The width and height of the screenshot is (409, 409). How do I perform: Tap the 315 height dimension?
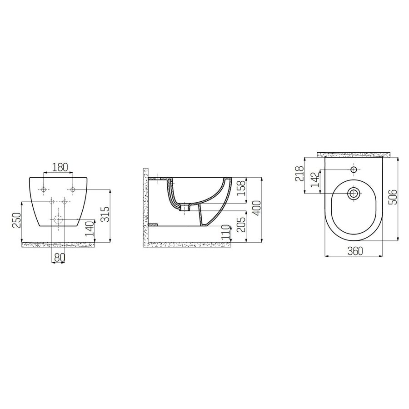click(x=105, y=214)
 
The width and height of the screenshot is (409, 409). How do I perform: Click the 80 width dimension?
click(x=59, y=257)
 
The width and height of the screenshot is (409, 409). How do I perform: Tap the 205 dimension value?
click(x=242, y=224)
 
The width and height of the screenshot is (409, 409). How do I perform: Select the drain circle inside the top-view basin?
click(x=354, y=194)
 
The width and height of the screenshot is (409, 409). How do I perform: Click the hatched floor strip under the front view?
click(x=59, y=244)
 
